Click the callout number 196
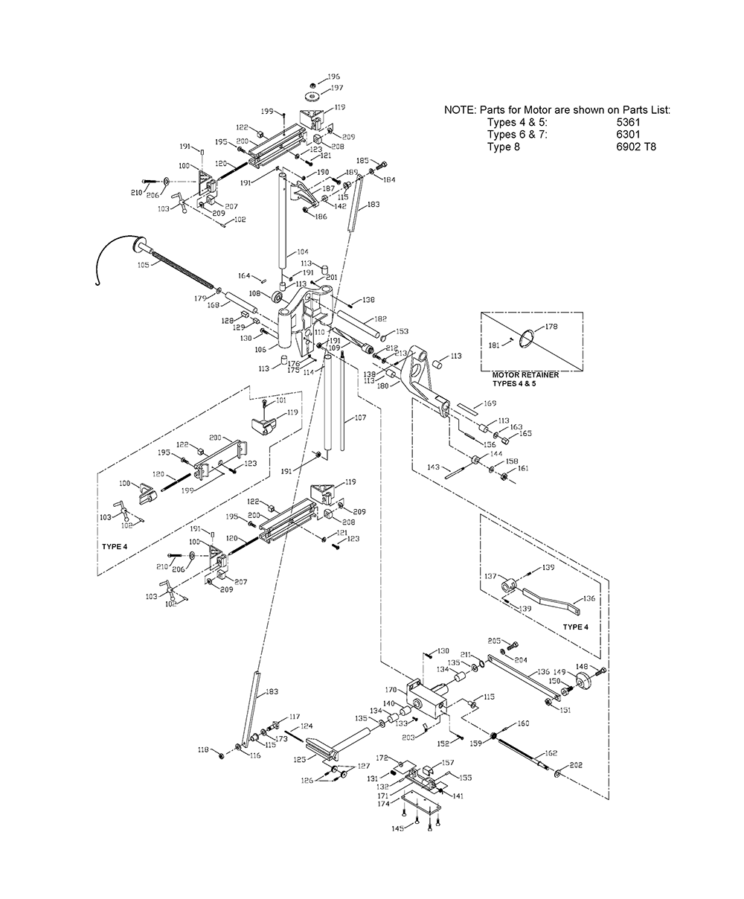[x=333, y=77]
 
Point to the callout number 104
[x=301, y=252]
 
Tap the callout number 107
[x=360, y=417]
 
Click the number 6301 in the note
[x=628, y=134]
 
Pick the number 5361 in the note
[x=628, y=122]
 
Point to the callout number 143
[x=432, y=467]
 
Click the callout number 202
[x=576, y=764]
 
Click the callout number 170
[x=391, y=689]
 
